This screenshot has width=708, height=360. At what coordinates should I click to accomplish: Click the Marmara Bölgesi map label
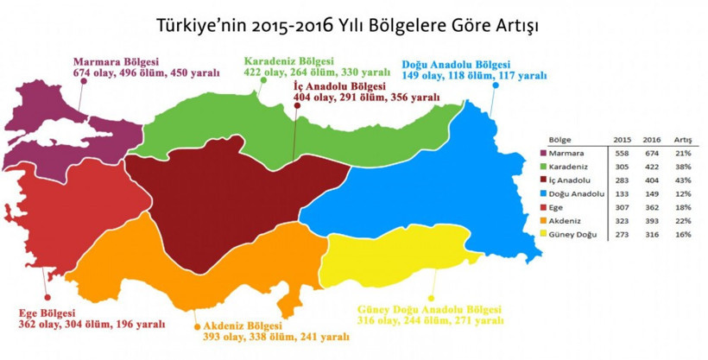[113, 62]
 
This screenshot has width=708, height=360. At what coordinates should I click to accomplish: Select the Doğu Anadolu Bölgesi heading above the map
[457, 65]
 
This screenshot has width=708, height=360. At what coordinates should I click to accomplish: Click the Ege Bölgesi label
[47, 313]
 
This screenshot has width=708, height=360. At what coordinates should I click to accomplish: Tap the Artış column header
[682, 138]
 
